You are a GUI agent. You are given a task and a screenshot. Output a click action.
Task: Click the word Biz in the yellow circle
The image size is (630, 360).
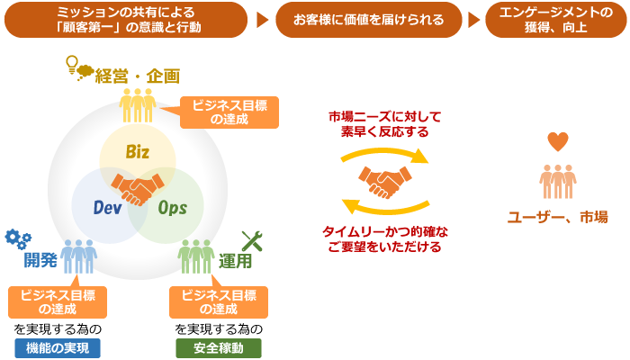coord(137,151)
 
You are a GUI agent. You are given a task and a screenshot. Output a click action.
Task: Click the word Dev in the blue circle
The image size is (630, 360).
coord(107,208)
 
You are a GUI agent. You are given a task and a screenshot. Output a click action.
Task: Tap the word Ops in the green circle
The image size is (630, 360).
coord(172,208)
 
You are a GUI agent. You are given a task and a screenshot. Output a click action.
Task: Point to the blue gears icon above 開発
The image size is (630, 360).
coord(18,238)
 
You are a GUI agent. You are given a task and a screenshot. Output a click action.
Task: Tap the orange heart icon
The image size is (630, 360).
coord(558,142)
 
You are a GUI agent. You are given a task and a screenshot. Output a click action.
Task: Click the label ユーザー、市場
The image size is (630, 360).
coord(557,216)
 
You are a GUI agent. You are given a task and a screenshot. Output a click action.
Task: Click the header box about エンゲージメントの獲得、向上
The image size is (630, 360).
coord(555,19)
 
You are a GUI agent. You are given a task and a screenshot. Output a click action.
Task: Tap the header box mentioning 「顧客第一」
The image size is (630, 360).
coord(125,19)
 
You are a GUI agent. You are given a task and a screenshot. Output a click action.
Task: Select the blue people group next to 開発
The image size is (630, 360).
coord(79,256)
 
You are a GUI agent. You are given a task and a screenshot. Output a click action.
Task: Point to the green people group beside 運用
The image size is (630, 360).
coord(196,256)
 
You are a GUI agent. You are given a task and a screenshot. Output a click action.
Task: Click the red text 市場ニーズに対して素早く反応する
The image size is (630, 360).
coord(384,123)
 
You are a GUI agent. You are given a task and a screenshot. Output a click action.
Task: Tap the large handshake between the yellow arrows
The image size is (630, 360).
coord(384,182)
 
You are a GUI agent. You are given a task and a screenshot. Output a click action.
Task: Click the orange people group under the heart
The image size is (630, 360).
coord(558,181)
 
